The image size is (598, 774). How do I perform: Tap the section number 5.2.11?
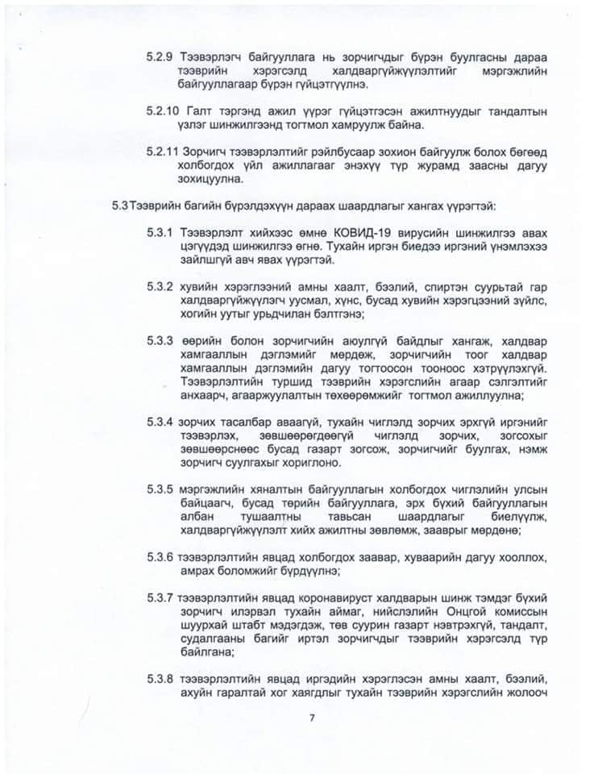(x=163, y=152)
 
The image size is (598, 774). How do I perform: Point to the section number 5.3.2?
(x=160, y=286)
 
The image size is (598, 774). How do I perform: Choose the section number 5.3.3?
(x=160, y=339)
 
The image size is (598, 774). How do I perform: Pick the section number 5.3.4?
(x=160, y=421)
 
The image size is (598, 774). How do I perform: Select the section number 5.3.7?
(x=160, y=597)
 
